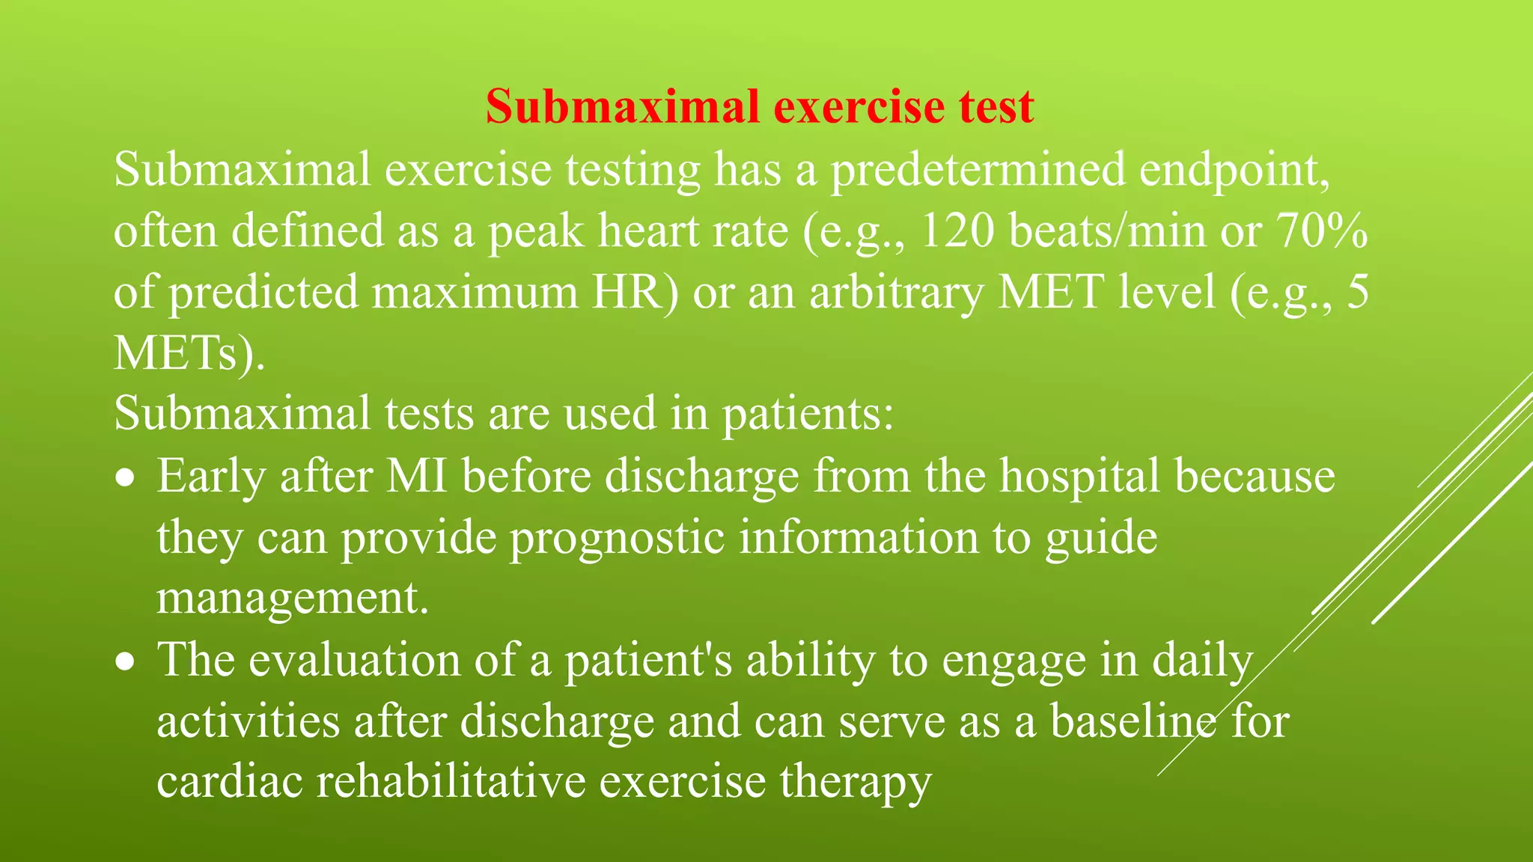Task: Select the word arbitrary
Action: [x=896, y=292]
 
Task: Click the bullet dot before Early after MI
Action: [x=127, y=477]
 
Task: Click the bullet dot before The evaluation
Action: [x=127, y=661]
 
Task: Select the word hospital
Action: [x=1079, y=476]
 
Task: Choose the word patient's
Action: [x=648, y=661]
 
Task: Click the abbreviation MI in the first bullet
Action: [x=416, y=476]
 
